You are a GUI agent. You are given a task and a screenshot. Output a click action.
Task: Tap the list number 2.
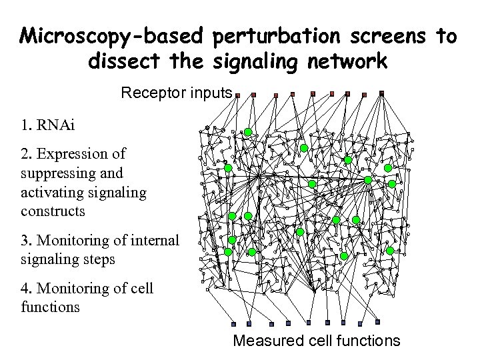point(25,154)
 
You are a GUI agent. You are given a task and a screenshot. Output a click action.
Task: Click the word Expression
point(81,154)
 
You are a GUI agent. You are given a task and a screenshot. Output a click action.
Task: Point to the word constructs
point(53,211)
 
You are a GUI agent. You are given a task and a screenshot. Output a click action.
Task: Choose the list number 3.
point(25,240)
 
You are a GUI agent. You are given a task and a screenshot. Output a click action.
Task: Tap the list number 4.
point(25,289)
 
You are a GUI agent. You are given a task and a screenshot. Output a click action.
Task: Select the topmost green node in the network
point(247,132)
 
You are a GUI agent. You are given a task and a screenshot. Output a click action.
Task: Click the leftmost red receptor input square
point(253,95)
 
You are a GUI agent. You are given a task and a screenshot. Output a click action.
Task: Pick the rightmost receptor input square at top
point(381,93)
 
